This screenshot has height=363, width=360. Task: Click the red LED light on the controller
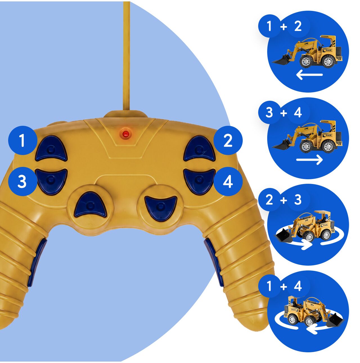125,134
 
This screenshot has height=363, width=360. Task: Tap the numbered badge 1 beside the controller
23,140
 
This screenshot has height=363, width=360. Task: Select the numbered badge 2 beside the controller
228,140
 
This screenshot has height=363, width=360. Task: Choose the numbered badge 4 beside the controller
228,181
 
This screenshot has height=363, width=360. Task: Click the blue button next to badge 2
199,149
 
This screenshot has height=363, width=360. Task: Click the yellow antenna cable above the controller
126,57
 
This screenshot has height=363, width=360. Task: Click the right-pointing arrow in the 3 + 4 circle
309,160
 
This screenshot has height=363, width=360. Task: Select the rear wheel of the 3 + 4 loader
328,146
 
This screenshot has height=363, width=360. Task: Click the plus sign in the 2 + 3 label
283,200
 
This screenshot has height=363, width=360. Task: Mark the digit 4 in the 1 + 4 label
298,286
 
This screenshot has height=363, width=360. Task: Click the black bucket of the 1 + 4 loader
335,321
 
